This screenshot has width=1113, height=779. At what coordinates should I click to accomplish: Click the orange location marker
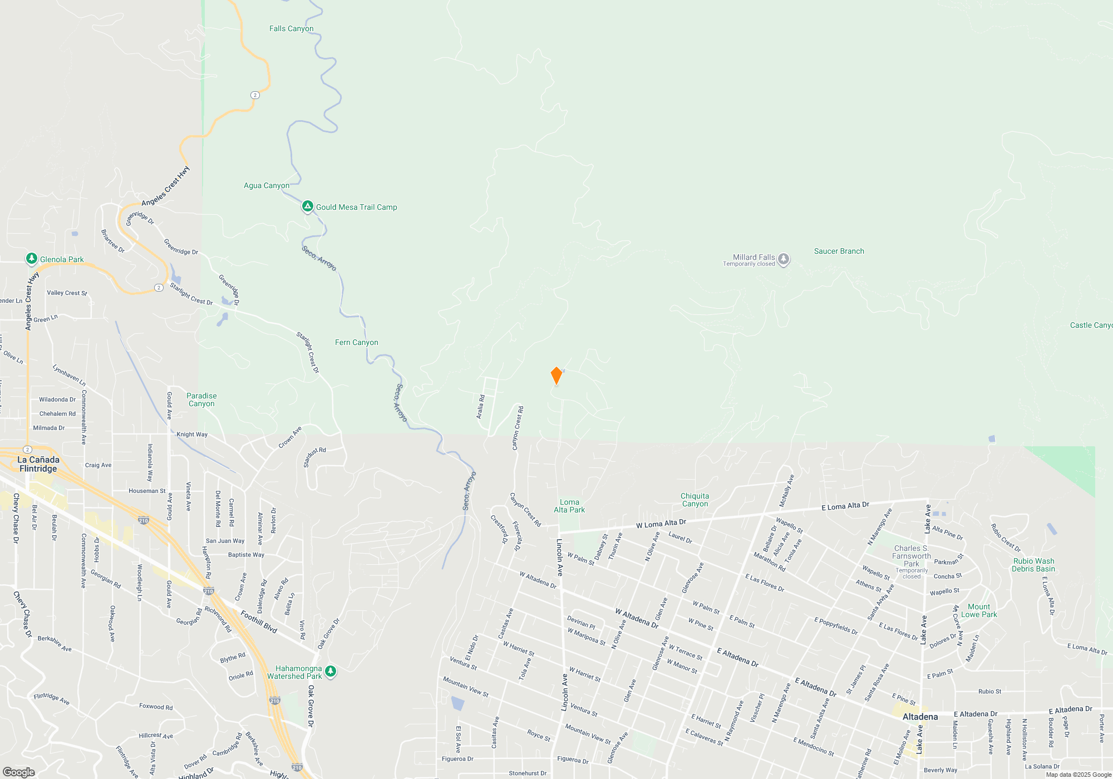[556, 375]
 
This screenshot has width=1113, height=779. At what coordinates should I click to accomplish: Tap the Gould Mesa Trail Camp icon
[307, 207]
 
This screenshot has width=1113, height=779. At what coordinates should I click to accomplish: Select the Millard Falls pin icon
[784, 259]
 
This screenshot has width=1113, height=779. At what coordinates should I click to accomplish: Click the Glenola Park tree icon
[32, 259]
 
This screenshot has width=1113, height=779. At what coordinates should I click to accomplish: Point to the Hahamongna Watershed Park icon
[331, 672]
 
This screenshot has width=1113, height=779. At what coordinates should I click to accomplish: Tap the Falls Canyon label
[291, 28]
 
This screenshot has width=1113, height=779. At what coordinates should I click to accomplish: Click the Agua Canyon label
[266, 185]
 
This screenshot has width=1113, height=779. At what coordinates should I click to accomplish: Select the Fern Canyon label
[356, 342]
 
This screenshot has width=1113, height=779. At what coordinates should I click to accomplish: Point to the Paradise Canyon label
[201, 400]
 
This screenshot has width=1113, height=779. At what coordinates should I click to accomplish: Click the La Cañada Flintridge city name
[38, 464]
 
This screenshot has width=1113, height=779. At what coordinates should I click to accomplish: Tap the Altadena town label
[920, 717]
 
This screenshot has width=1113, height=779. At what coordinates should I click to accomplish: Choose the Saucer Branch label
[839, 251]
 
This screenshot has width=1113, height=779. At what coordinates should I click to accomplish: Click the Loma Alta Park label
[569, 506]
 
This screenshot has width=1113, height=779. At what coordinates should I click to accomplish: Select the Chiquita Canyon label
[695, 500]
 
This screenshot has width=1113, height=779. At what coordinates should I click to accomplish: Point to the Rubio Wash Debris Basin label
[1033, 565]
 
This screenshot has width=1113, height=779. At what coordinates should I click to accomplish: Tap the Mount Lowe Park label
[979, 610]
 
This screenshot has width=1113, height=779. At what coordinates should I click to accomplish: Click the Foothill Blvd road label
[259, 621]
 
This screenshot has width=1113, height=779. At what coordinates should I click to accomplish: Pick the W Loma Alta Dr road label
[661, 523]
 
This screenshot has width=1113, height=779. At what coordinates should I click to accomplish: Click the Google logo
[18, 772]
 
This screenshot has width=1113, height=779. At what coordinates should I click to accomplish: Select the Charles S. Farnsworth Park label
[911, 556]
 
